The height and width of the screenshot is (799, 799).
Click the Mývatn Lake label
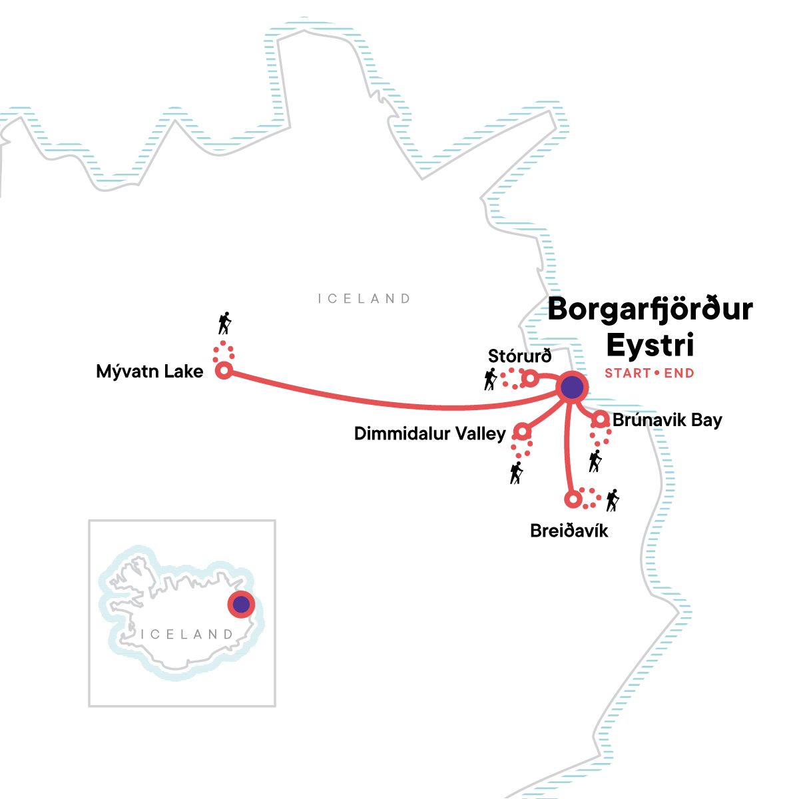(x=150, y=372)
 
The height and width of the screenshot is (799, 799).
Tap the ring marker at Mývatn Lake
(x=224, y=371)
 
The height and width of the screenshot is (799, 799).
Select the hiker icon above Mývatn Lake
(x=225, y=324)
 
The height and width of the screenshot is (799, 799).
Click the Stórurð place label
(x=519, y=356)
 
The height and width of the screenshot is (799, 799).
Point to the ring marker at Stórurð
(x=530, y=379)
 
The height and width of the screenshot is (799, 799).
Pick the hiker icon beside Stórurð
(x=491, y=380)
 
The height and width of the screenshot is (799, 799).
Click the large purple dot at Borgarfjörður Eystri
(x=572, y=387)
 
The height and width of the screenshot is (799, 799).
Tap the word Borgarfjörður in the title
(x=650, y=310)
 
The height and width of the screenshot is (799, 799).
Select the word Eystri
(x=650, y=345)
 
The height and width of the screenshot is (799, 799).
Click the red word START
(x=627, y=374)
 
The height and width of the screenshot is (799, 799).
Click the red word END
(x=679, y=374)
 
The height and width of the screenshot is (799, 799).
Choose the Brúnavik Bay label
(x=667, y=421)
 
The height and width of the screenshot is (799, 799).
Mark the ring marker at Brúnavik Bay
(x=601, y=419)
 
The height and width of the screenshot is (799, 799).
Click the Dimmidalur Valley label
(x=430, y=434)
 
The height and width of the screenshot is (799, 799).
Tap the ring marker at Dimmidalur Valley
(x=523, y=432)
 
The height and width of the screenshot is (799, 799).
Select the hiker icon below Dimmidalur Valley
(x=516, y=473)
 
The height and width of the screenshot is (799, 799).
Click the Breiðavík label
(x=569, y=531)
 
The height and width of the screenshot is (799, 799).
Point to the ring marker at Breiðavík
(x=572, y=499)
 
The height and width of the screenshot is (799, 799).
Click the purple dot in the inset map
(x=241, y=605)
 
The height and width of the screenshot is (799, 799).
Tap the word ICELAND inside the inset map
(x=186, y=635)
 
